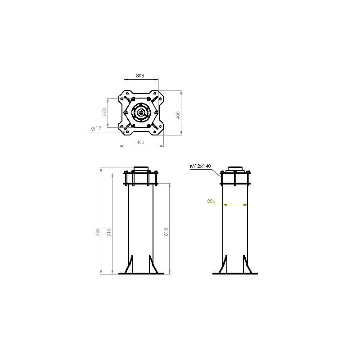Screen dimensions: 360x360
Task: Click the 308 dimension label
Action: (140, 76)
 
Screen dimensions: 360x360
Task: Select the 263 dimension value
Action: (105, 112)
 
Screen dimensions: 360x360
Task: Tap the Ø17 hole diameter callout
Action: (95, 129)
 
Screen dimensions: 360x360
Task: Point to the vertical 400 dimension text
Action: (178, 114)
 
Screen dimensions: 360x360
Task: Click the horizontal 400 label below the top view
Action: (140, 142)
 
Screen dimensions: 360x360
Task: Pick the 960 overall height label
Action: (98, 233)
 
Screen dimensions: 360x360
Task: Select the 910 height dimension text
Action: (108, 233)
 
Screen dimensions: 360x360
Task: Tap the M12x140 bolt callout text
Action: (200, 166)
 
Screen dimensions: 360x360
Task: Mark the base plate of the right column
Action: (235, 273)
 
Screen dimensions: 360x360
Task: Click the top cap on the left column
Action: (141, 169)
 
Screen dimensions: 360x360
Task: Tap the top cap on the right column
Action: (235, 169)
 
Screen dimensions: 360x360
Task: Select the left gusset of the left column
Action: (130, 264)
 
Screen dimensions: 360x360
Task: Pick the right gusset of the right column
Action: (246, 264)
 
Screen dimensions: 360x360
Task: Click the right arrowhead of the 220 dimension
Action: (246, 205)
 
